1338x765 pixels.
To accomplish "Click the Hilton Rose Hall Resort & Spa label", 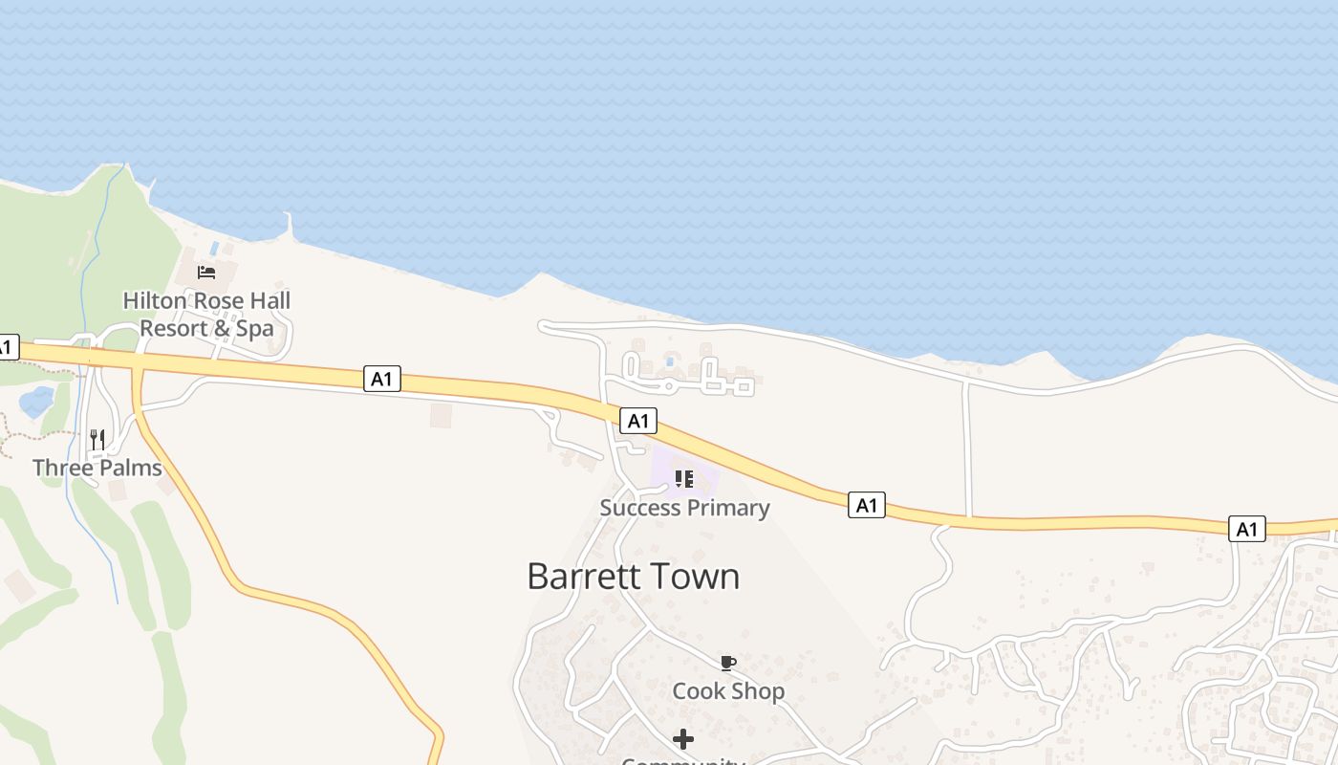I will [x=206, y=315].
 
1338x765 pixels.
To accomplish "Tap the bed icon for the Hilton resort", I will [x=206, y=273].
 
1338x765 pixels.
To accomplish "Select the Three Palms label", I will [x=97, y=468].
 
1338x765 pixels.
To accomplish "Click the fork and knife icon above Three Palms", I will [x=97, y=440].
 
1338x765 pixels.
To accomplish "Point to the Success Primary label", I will [x=684, y=508].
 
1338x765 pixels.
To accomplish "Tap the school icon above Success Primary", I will [x=683, y=478].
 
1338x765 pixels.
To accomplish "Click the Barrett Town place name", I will [x=633, y=577].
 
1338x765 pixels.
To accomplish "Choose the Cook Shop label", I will [x=728, y=690].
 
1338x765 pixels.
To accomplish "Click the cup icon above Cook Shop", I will [x=728, y=663].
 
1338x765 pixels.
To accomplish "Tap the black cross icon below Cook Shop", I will [x=683, y=739].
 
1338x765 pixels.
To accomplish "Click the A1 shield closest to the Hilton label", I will [x=381, y=379].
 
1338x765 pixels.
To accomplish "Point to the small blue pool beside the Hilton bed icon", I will [x=215, y=249].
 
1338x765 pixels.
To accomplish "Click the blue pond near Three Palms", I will [x=36, y=402].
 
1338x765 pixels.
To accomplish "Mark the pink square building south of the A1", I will [x=440, y=415].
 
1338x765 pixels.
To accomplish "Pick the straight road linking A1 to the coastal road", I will [x=967, y=449].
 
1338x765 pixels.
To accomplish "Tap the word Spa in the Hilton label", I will [x=254, y=328].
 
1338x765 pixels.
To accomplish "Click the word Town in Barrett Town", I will [x=695, y=577].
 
